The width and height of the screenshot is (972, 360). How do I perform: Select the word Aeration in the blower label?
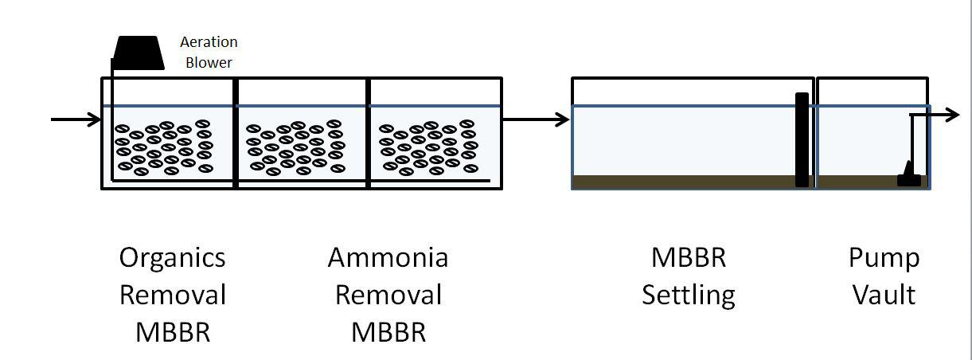[209, 42]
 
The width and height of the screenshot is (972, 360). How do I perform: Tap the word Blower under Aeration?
[209, 62]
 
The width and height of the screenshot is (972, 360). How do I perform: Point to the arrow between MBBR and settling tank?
[536, 120]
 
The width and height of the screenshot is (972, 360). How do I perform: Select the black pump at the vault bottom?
[908, 175]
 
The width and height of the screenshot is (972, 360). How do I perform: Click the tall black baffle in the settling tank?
[802, 139]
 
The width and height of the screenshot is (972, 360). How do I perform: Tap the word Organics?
[172, 258]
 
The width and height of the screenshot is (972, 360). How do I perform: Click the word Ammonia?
[388, 258]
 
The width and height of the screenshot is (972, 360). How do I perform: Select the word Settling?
[689, 295]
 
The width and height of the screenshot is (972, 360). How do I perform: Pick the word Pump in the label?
[884, 258]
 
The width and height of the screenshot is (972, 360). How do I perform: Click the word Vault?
[884, 295]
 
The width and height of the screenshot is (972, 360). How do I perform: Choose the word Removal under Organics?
[172, 295]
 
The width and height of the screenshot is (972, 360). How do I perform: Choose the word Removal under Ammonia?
[388, 295]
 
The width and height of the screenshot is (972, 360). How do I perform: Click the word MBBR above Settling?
[689, 258]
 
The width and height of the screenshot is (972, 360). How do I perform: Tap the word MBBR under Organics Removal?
[172, 331]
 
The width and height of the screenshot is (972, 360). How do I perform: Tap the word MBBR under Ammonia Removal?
[388, 331]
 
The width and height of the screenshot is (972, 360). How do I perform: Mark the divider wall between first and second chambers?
[236, 133]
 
